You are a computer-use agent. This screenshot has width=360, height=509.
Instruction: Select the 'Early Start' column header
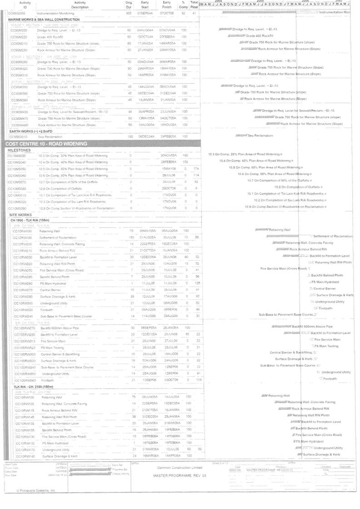[x=145, y=5]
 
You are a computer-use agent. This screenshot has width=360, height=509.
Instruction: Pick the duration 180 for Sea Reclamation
[x=130, y=136]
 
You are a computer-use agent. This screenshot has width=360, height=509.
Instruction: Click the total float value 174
[x=196, y=168]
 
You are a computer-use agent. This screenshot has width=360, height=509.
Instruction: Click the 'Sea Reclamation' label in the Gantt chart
[x=260, y=135]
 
